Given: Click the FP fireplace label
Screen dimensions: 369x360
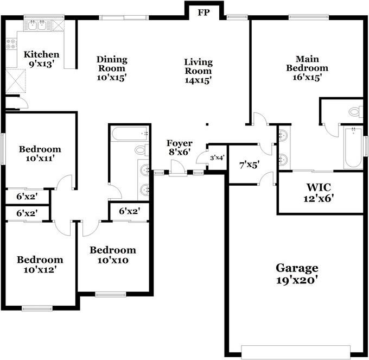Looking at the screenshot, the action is point(203,12).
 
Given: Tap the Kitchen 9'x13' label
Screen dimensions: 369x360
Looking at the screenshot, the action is point(41,59).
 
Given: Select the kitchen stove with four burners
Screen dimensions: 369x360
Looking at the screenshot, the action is point(11,44).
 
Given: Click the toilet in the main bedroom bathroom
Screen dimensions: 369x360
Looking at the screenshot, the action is point(356,111).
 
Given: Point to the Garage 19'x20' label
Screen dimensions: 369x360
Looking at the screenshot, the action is point(297,274).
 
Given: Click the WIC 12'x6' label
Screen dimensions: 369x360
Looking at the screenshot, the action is point(319,193).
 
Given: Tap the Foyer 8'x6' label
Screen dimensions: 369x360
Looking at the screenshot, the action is point(179,147).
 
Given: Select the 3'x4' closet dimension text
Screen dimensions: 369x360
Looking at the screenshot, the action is point(217,157).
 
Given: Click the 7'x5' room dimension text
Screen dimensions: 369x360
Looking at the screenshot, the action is point(249,165).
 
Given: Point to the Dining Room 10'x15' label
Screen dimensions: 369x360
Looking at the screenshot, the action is point(112,68).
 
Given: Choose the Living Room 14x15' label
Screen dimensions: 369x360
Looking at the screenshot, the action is point(198,71).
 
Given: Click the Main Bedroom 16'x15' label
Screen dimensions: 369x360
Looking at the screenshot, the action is point(307,68).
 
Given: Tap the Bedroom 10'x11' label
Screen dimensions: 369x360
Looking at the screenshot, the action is point(40,154).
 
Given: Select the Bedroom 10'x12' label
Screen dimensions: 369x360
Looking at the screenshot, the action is point(40,264).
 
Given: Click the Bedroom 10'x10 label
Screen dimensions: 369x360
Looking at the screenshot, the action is point(113,255).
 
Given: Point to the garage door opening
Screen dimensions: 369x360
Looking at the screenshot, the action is point(296,352).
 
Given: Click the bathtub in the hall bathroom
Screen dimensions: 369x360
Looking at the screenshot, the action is point(130,134).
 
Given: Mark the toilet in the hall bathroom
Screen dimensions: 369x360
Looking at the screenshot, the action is point(142,150).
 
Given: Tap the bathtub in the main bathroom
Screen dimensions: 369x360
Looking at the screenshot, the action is point(353,147).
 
